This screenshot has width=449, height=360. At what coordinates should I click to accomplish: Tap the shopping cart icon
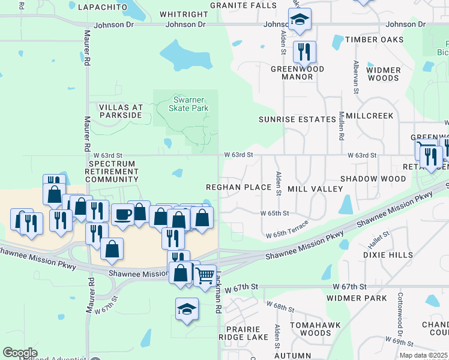tap(205, 275)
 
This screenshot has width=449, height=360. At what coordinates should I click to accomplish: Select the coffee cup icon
tap(122, 214)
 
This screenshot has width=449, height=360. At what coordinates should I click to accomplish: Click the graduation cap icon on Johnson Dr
tap(298, 20)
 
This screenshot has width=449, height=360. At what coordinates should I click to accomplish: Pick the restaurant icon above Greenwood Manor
tap(304, 52)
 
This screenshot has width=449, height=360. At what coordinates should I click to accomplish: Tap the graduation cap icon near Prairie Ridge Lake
tap(187, 309)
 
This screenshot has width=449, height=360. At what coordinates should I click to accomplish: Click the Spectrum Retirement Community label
tap(113, 171)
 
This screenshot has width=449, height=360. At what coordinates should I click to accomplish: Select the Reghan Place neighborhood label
tap(239, 188)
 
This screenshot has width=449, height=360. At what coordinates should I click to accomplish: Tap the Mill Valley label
tap(315, 189)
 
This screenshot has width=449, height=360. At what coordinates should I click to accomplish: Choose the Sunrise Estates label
tap(297, 119)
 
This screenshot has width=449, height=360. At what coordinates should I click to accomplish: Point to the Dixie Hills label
tap(388, 255)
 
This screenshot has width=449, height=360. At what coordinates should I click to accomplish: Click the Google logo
tap(20, 353)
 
